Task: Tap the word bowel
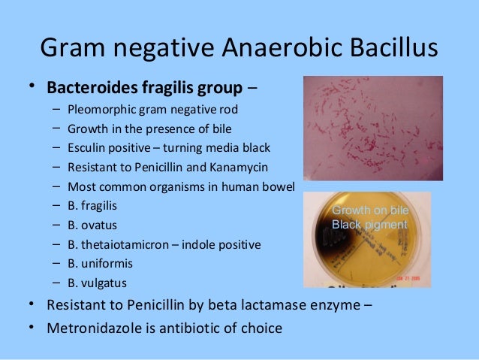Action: (279, 186)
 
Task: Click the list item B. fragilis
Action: (92, 205)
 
